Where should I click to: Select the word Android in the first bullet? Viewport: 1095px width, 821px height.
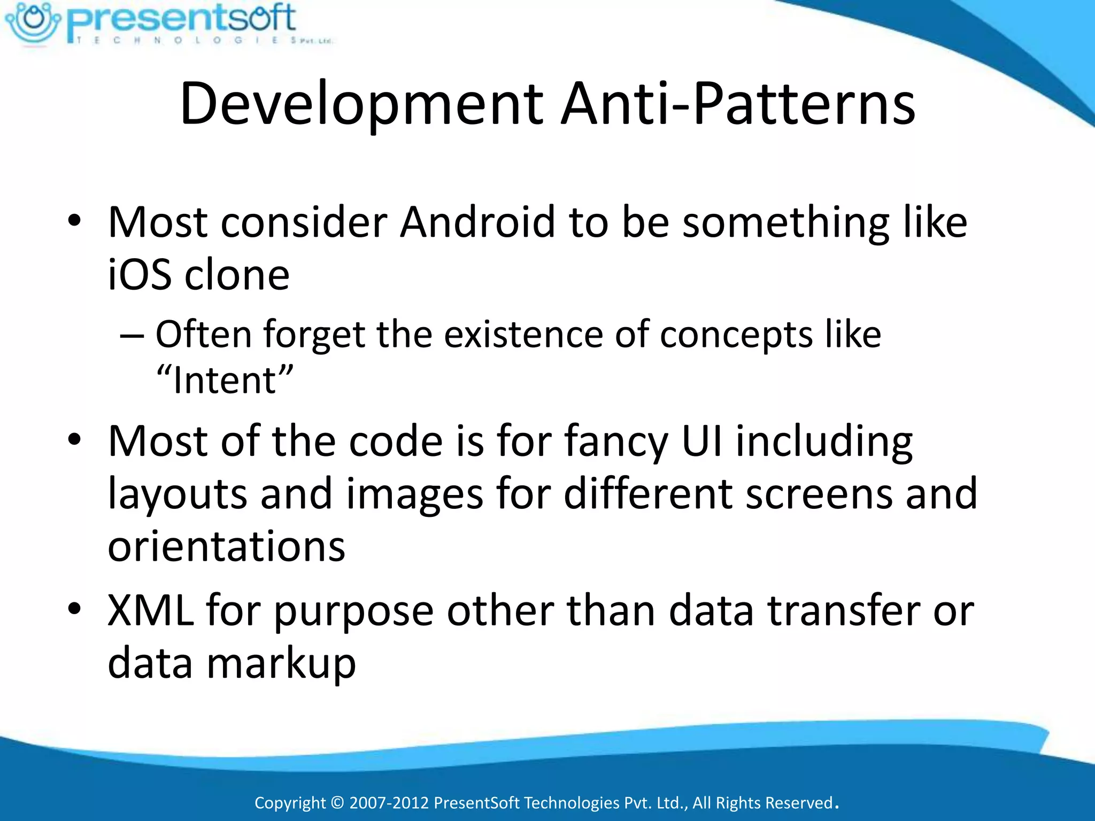[477, 222]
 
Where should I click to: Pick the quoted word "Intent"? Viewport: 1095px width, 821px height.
[225, 380]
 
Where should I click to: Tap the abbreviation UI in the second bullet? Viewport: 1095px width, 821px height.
[702, 441]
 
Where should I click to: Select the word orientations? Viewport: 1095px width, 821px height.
[227, 546]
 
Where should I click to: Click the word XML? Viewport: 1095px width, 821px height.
[150, 610]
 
